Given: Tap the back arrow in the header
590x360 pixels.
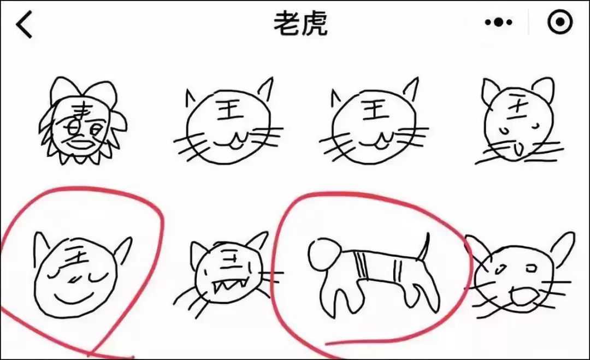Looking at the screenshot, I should (x=25, y=25).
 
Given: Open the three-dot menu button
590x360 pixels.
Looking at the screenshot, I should (x=498, y=23).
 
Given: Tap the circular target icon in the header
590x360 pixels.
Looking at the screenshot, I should (x=560, y=22).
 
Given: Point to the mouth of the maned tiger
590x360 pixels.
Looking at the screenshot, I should (x=82, y=144).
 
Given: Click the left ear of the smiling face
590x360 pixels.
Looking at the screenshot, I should (x=40, y=246).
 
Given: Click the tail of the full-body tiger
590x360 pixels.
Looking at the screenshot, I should (x=424, y=246).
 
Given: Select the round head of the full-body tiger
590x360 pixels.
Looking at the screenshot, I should (x=324, y=252).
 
